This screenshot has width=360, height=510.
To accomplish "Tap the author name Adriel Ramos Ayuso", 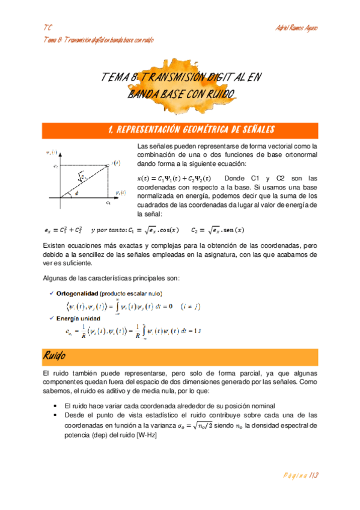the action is (x=296, y=29).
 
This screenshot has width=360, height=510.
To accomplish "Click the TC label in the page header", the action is (x=47, y=29).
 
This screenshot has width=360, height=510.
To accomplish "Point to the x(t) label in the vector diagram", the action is (x=116, y=163).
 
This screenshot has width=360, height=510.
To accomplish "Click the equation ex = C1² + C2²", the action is (x=63, y=230).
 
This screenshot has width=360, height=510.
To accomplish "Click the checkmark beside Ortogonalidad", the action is (x=50, y=293).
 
